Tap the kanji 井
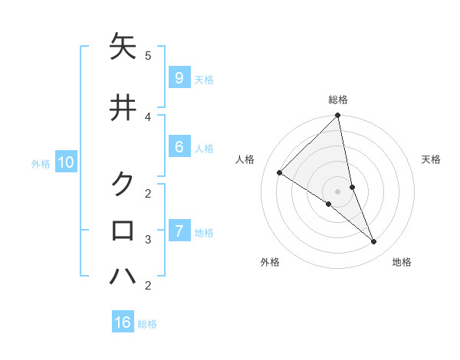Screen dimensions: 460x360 (123, 108)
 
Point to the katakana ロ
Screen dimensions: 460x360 (123, 230)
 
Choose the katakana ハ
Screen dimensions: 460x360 (123, 277)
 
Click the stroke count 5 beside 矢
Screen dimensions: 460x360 (148, 55)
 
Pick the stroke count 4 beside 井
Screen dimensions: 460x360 (148, 116)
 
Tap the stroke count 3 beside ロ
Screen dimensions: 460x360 (148, 239)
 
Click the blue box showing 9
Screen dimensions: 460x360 (179, 77)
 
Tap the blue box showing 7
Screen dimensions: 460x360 (179, 231)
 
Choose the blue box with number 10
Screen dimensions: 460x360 (65, 162)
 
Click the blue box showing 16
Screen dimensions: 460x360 (123, 322)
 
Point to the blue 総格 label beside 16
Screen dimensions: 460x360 (147, 324)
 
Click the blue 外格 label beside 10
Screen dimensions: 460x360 (41, 163)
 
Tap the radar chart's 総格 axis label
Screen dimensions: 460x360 (338, 100)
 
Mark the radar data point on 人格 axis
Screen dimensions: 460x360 (279, 173)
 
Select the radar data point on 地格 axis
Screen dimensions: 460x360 (374, 242)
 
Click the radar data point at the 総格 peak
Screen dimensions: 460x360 (338, 116)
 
